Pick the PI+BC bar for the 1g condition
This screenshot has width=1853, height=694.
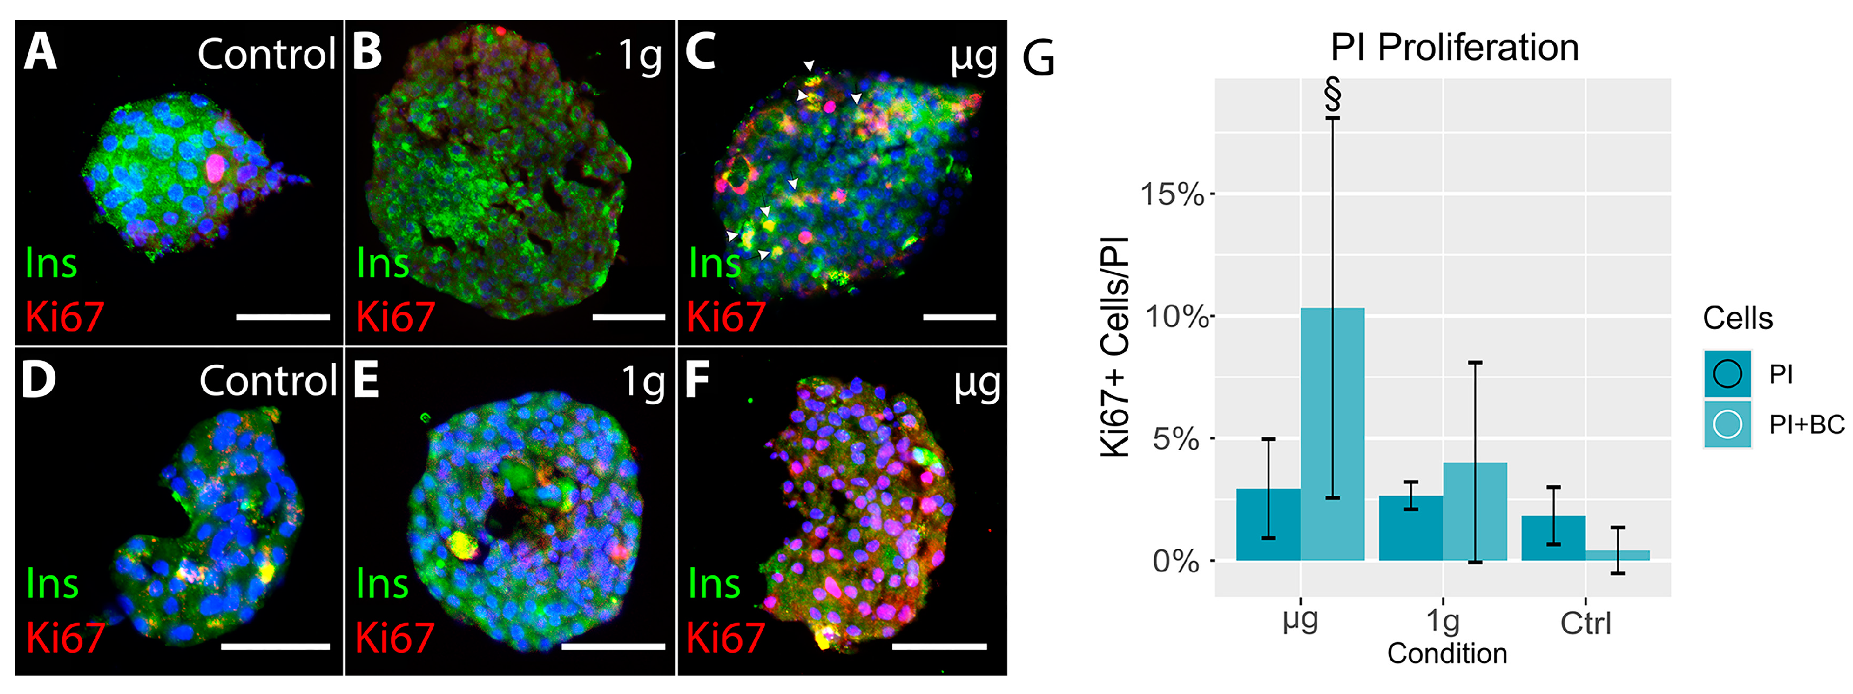coord(1475,511)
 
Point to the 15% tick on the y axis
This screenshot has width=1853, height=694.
coord(1172,195)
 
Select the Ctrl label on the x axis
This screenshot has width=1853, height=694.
coord(1585,623)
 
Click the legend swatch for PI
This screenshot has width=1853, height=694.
coord(1727,373)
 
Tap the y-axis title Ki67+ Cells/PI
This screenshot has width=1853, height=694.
coord(1115,347)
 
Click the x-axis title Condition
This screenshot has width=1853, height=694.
coord(1447,654)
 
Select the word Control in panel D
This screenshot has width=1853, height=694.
coord(268,380)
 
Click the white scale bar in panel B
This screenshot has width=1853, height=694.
coord(628,317)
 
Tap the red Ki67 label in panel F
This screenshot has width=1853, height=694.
coord(725,638)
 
